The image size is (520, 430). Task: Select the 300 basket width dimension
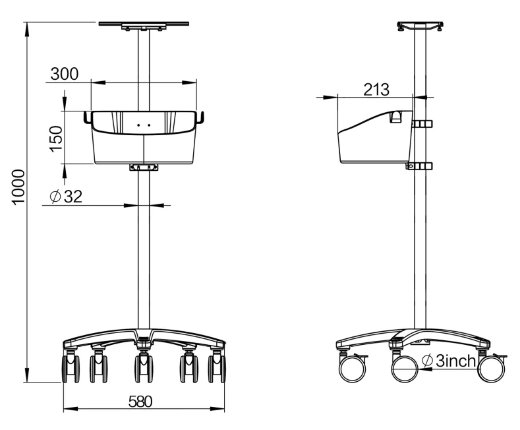click(x=65, y=74)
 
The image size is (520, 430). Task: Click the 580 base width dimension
click(x=140, y=402)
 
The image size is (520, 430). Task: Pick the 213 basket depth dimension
click(x=376, y=89)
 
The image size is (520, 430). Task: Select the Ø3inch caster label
click(x=448, y=361)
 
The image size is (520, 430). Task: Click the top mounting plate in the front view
click(x=144, y=25)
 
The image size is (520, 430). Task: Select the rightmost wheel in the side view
click(x=491, y=367)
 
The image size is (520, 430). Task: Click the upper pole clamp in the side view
click(x=421, y=123)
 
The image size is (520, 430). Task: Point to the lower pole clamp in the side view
click(x=420, y=166)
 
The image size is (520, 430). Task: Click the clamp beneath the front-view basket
click(x=144, y=168)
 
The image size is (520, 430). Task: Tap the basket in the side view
click(x=372, y=138)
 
